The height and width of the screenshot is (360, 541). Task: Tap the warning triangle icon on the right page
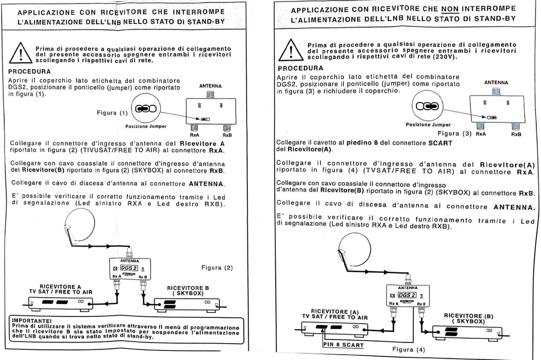291,50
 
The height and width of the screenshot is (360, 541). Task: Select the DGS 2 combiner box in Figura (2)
129,269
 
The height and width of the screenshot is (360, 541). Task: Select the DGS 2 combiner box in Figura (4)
407,296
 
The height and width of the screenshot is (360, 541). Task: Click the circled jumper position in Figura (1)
145,109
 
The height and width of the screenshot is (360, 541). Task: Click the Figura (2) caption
217,268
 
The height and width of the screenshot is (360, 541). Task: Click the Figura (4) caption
408,349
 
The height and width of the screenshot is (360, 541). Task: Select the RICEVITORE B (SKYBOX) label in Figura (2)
188,290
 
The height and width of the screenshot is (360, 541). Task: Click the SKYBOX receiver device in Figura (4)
467,332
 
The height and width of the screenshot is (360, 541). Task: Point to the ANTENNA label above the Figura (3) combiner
496,82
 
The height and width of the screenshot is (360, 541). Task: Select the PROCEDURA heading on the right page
300,68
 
